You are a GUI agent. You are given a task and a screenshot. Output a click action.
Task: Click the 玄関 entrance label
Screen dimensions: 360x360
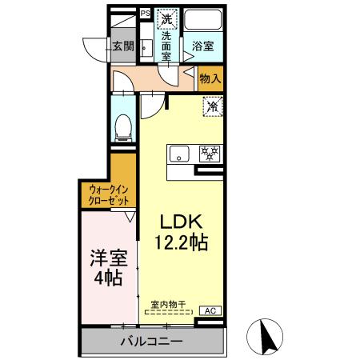click(122, 46)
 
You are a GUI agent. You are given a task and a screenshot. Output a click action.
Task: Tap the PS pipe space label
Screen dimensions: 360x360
click(145, 13)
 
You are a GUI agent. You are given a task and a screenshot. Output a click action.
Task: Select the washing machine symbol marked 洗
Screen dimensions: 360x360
click(167, 18)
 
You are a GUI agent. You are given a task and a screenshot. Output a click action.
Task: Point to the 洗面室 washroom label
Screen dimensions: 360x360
click(167, 46)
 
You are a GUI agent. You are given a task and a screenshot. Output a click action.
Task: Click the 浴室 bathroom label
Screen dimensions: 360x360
click(202, 47)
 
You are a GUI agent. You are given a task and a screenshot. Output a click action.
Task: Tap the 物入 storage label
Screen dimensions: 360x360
click(210, 79)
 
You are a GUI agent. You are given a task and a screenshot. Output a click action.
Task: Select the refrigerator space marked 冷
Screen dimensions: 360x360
click(214, 105)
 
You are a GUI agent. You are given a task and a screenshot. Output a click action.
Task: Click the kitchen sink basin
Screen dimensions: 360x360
click(178, 153)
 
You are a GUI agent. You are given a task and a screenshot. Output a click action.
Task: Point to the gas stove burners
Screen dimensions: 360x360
click(211, 153)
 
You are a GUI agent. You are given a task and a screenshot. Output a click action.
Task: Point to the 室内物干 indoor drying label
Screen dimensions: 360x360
click(169, 304)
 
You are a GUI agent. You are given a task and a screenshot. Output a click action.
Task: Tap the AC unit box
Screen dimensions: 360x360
click(211, 310)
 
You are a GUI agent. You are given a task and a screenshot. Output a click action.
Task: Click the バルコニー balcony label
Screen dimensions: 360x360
click(152, 342)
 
